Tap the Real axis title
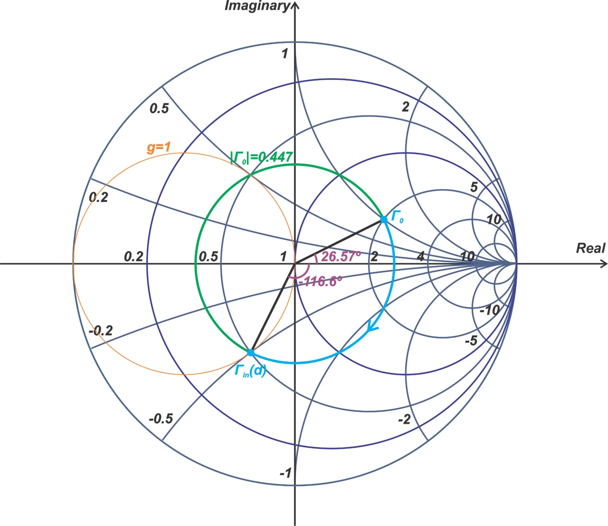coord(590,248)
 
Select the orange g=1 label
coord(159,147)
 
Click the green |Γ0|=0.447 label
coord(262,157)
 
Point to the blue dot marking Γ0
coord(384,219)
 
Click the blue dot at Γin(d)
coord(251,352)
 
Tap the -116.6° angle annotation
coord(320,281)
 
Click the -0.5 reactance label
coord(161,419)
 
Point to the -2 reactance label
coord(405,420)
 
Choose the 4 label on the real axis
coord(421,257)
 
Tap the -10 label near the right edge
coord(490,310)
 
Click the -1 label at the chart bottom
coord(286,473)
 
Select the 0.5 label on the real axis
coord(208,257)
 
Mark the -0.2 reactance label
coord(101,331)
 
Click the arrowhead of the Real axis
coord(604,264)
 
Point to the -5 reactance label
coord(471,341)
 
